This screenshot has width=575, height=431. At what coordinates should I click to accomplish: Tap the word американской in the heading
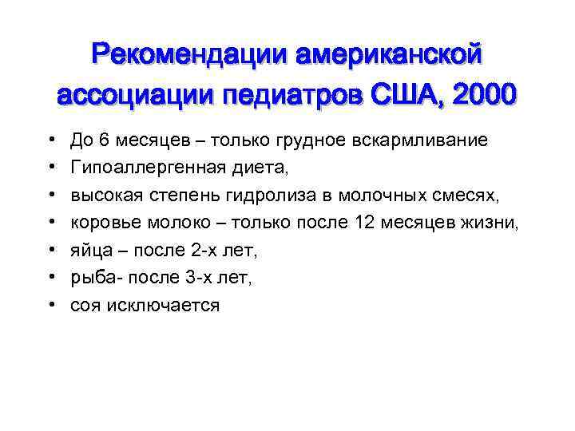(x=389, y=57)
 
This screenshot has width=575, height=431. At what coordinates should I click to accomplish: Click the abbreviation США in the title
(x=406, y=97)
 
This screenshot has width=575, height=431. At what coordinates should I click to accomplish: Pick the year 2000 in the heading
(x=482, y=97)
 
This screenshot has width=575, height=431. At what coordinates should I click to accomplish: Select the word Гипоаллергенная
(x=143, y=168)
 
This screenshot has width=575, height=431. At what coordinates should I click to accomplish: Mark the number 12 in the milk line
(x=361, y=223)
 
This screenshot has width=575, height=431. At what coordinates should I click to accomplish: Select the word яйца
(x=88, y=251)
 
